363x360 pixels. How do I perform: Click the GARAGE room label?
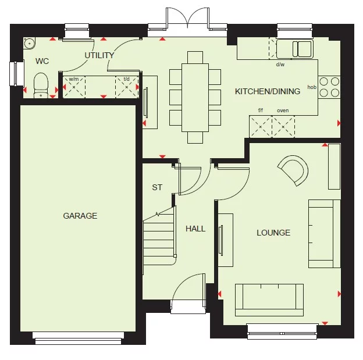pyautogui.click(x=80, y=216)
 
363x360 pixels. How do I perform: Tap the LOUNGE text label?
pyautogui.click(x=273, y=233)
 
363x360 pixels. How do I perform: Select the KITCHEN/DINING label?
pyautogui.click(x=268, y=91)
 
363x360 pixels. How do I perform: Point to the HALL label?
pyautogui.click(x=195, y=229)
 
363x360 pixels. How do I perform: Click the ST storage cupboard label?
pyautogui.click(x=157, y=187)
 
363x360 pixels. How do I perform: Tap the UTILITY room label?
pyautogui.click(x=99, y=56)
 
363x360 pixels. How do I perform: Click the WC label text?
pyautogui.click(x=42, y=61)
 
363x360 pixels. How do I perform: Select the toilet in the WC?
pyautogui.click(x=41, y=85)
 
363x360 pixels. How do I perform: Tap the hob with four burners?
pyautogui.click(x=329, y=87)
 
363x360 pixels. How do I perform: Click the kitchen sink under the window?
pyautogui.click(x=294, y=48)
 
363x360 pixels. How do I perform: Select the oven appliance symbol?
pyautogui.click(x=283, y=126)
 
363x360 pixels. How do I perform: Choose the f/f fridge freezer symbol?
pyautogui.click(x=261, y=126)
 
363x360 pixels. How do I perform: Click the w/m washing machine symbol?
pyautogui.click(x=74, y=87)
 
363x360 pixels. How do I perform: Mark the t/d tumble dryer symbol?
pyautogui.click(x=126, y=87)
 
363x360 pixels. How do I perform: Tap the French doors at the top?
pyautogui.click(x=187, y=20)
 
